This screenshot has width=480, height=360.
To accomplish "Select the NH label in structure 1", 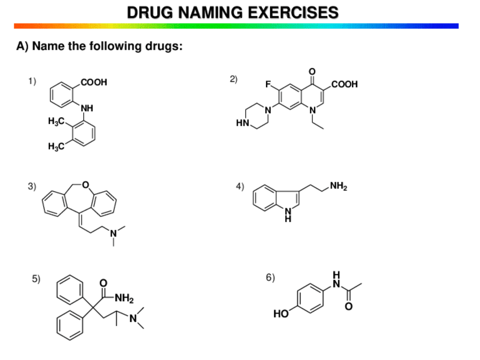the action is click(x=87, y=108).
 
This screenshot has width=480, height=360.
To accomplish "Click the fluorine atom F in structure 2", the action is click(x=271, y=87).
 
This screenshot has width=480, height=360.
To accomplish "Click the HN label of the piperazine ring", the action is click(x=242, y=122).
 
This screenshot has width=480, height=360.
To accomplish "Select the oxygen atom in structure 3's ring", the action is click(x=85, y=184).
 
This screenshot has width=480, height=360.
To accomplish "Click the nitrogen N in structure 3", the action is click(x=113, y=232).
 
